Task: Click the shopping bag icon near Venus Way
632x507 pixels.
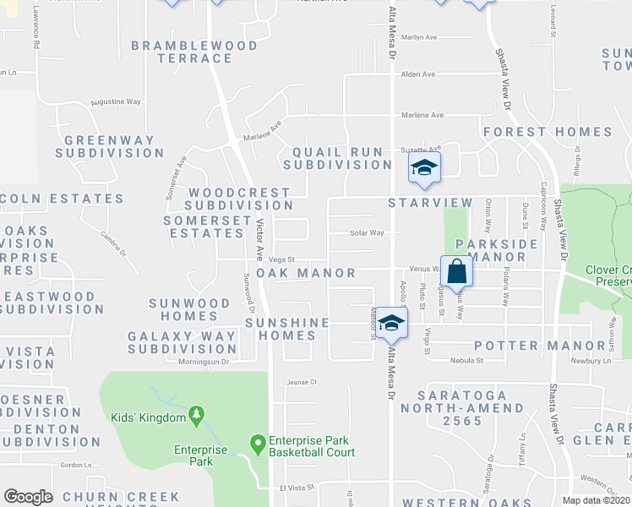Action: click(456, 272)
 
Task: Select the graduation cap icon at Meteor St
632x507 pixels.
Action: click(391, 323)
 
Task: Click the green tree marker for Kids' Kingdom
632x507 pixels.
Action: click(197, 414)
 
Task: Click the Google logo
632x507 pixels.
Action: click(28, 497)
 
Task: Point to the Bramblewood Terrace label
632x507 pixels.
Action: click(182, 52)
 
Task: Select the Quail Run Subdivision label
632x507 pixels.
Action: click(337, 158)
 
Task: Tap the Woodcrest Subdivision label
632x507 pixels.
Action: click(239, 199)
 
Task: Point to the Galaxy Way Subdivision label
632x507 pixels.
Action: click(183, 342)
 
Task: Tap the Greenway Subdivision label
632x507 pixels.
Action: click(109, 146)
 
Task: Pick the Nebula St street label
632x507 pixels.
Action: click(466, 360)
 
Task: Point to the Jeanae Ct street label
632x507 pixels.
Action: click(301, 382)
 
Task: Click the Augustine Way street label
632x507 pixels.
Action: click(116, 101)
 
